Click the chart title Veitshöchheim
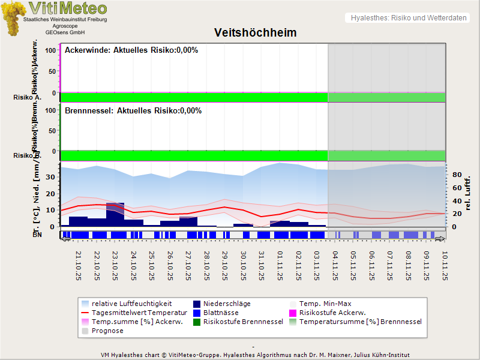(256, 32)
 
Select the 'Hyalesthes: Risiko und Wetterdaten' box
(408, 18)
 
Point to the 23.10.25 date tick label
(115, 265)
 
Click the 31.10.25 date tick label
(261, 265)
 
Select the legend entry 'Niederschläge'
(227, 304)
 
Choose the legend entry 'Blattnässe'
(221, 313)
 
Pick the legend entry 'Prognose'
(107, 331)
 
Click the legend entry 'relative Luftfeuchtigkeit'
(131, 304)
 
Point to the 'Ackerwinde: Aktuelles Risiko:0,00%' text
(131, 50)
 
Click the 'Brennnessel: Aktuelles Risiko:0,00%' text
(133, 110)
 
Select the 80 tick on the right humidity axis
(456, 175)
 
